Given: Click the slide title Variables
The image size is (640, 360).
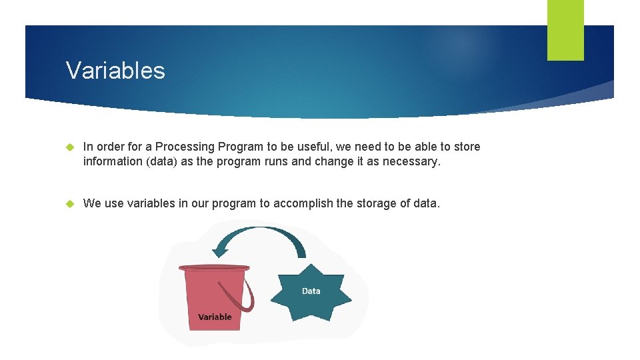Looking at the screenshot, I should (115, 70).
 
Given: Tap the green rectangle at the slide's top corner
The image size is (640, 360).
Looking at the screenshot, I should (565, 29).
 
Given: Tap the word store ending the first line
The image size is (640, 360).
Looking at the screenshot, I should (465, 147).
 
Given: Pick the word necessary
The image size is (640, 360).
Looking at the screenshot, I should (411, 161).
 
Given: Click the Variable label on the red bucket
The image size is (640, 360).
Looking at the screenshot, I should (215, 317).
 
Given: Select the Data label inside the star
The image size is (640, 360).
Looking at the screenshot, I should (311, 291).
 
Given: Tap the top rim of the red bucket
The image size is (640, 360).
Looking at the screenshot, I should (213, 268).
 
